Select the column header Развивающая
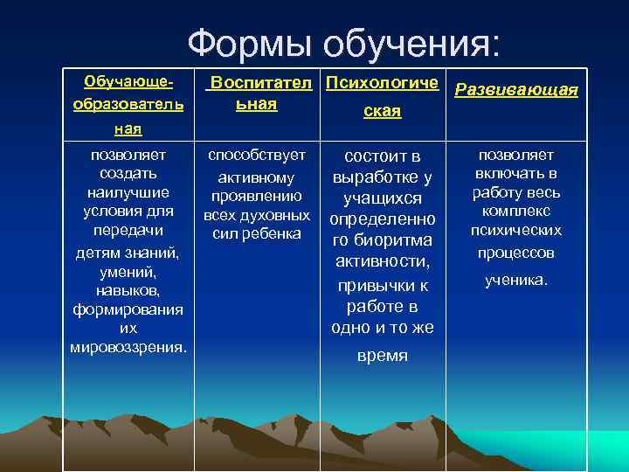[517, 90]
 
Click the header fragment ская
[384, 112]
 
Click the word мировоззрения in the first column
[127, 347]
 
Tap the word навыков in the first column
[127, 289]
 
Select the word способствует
[257, 156]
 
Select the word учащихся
[383, 198]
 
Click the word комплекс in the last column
[516, 212]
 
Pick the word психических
[516, 232]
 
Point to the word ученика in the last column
[515, 281]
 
